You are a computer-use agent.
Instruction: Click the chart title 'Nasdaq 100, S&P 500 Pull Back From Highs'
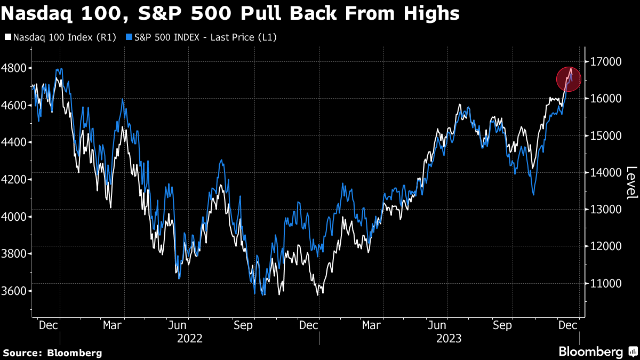(x=230, y=13)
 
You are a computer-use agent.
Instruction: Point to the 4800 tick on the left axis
(x=15, y=68)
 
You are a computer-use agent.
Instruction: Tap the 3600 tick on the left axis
(x=15, y=291)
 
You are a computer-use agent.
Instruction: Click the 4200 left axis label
(x=15, y=180)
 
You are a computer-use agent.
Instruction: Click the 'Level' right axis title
(x=631, y=182)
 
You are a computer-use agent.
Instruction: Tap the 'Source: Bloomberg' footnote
(x=52, y=353)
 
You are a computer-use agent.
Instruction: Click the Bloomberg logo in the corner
(x=597, y=352)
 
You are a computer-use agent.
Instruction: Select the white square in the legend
(x=7, y=37)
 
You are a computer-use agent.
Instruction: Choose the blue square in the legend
(x=129, y=37)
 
